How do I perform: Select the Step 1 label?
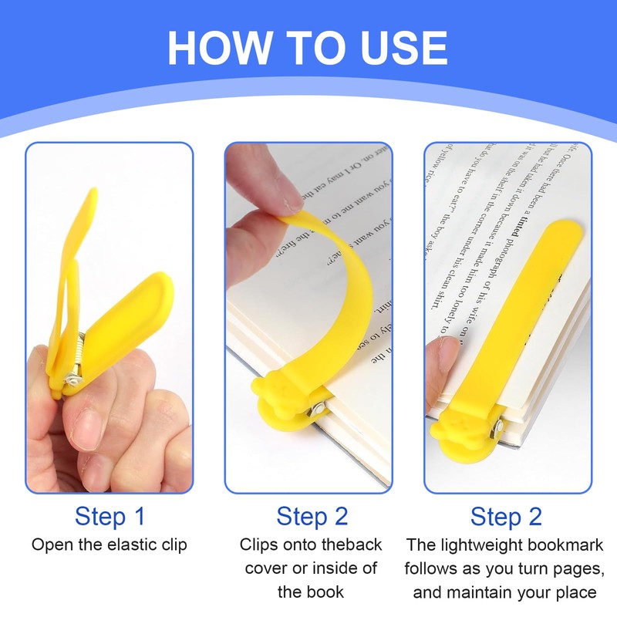110,516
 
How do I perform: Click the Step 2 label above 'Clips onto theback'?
312,516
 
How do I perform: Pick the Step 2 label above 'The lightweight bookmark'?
507,516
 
